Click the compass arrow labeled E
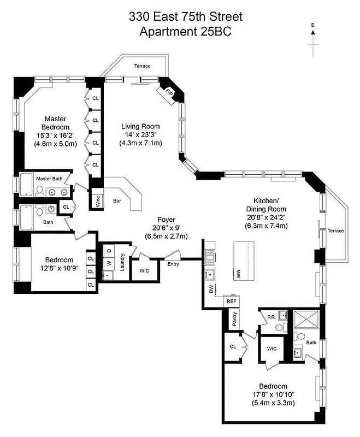click(x=314, y=33)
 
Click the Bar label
click(x=116, y=200)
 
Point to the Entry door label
click(x=173, y=264)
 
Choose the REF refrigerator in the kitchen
click(x=231, y=301)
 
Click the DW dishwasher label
click(x=211, y=289)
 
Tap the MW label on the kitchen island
click(x=239, y=271)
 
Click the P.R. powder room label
click(x=270, y=316)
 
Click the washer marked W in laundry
click(x=109, y=263)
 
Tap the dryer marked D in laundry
click(x=109, y=251)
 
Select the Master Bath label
click(x=51, y=179)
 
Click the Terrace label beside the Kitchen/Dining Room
click(x=336, y=231)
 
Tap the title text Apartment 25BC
click(x=185, y=32)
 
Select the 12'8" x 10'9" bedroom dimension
click(x=51, y=268)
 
